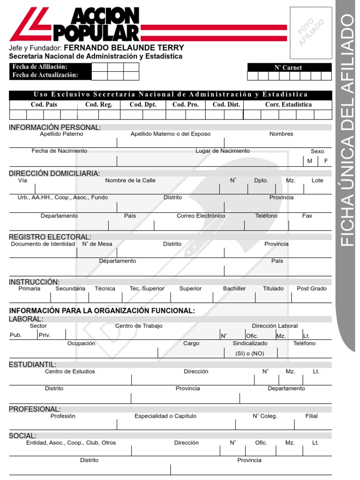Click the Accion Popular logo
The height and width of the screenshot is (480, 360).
coord(75,25)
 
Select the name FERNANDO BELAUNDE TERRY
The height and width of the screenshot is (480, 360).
coord(124,48)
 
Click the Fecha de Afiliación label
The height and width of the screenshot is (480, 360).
coord(40,67)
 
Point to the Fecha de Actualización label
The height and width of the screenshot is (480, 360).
coord(45,75)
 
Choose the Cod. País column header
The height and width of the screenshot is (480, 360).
coord(44,105)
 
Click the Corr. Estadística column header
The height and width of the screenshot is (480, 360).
coord(288,105)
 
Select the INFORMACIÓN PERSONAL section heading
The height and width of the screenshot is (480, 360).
coord(55,127)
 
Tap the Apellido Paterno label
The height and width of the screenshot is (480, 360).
coord(61,134)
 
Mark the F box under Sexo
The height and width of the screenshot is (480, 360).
coord(326,161)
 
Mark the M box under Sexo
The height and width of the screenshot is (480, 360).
coord(309,161)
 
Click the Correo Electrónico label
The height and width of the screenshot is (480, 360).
coord(201,216)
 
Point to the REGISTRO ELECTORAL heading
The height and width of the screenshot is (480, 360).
coord(50,237)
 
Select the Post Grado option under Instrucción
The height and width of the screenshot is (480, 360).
coord(312,289)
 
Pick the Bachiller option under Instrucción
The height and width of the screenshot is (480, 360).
coord(234,289)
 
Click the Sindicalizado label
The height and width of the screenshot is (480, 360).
coord(250,344)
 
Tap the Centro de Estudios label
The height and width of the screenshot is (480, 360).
coord(70,372)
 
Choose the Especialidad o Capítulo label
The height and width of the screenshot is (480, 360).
coord(165,416)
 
